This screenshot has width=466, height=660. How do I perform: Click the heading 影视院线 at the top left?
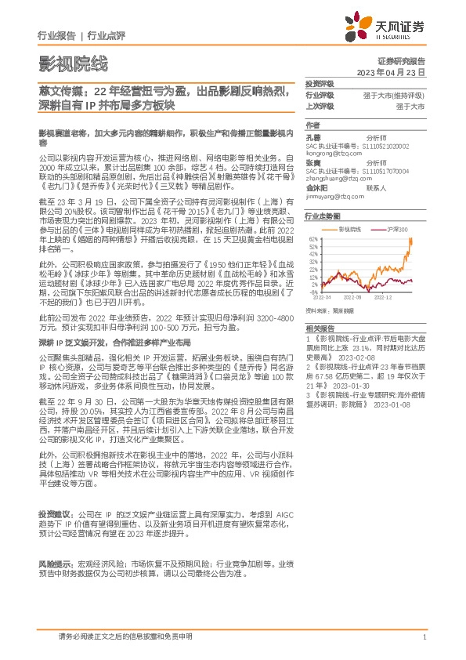point(71,63)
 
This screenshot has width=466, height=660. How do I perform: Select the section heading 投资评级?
point(320,84)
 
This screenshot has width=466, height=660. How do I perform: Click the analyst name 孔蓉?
point(312,137)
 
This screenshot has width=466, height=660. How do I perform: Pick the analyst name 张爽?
point(312,164)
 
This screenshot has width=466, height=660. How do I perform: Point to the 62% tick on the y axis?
point(312,238)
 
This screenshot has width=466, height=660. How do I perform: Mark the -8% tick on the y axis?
point(312,291)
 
